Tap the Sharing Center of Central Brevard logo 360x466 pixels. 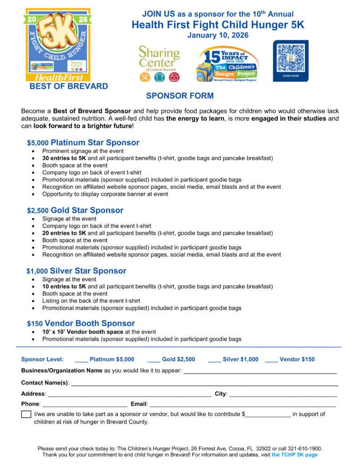[159, 63]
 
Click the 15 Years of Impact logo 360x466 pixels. [228, 63]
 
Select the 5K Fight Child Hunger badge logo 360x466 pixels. [58, 44]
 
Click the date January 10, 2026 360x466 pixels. [218, 35]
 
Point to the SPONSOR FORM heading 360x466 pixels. [180, 96]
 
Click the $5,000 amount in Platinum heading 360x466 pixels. [38, 143]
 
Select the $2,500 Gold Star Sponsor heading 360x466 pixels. [75, 211]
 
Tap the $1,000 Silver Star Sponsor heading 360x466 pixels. [76, 271]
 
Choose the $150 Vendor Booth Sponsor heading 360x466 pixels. [81, 324]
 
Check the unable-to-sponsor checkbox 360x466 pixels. [26, 415]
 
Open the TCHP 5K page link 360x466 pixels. [294, 455]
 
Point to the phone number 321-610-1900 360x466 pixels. [307, 448]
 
